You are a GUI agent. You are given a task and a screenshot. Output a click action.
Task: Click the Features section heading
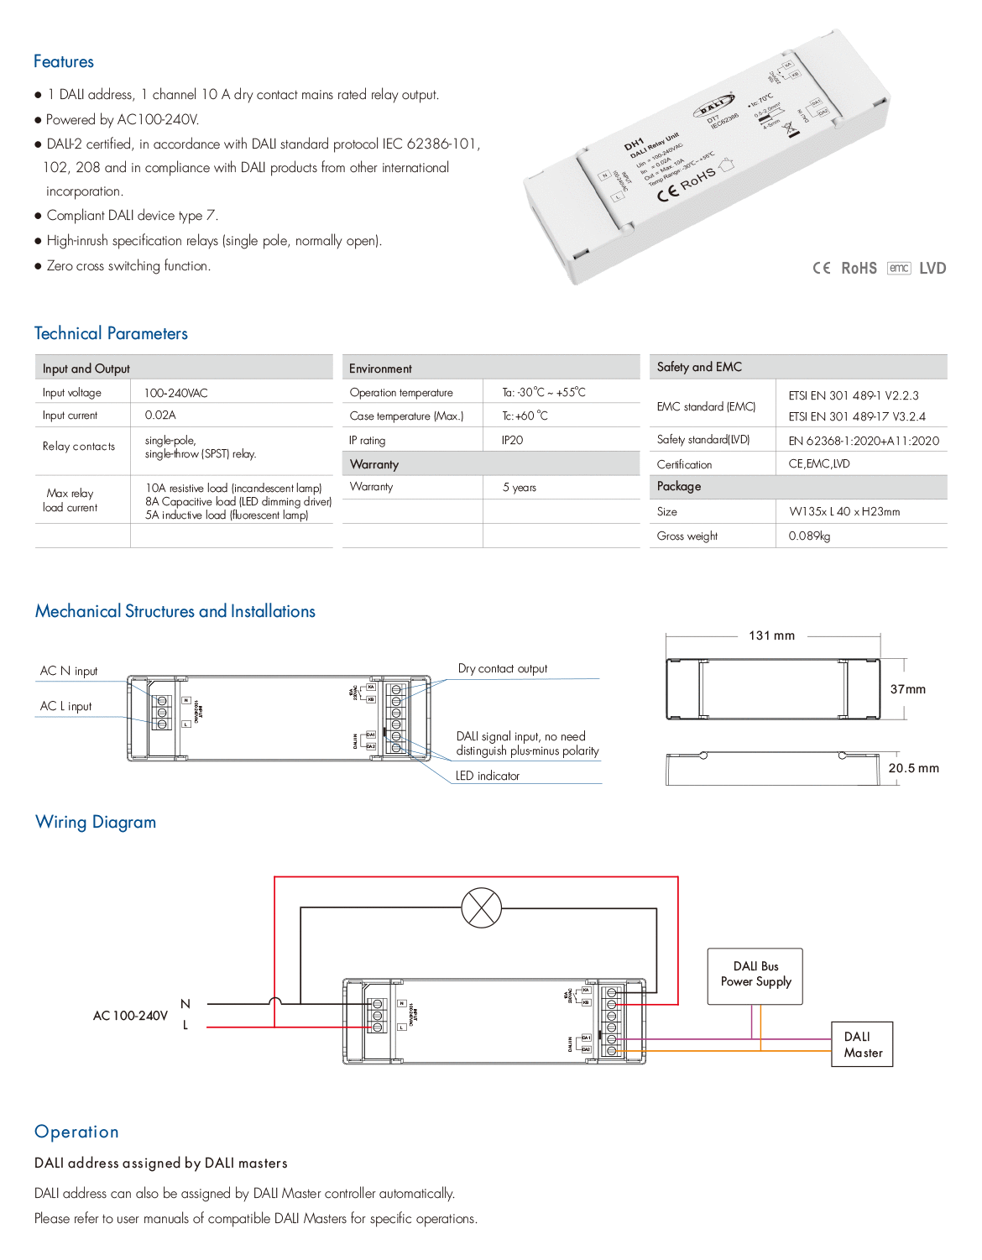tap(64, 61)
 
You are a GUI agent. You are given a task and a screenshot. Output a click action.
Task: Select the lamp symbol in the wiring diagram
tap(482, 907)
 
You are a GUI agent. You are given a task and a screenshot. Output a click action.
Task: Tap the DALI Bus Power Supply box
tap(755, 975)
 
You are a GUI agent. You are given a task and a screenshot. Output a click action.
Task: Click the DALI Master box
tap(862, 1044)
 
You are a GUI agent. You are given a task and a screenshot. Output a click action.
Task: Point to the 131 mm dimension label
tap(771, 635)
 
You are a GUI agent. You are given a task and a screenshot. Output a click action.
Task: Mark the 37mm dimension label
tap(907, 689)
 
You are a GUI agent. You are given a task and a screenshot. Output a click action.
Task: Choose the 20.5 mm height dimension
tap(913, 768)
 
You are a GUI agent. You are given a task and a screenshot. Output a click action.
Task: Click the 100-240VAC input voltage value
tap(176, 393)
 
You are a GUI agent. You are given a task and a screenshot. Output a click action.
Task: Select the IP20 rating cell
tap(512, 440)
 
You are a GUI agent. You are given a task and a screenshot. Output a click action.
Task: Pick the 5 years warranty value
tap(519, 488)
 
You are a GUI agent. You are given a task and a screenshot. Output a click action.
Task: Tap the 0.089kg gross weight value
tap(809, 536)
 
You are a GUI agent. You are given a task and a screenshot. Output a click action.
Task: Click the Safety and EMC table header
tap(699, 367)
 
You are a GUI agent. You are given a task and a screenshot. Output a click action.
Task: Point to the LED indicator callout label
tap(488, 776)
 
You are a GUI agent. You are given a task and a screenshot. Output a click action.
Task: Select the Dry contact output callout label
tap(502, 669)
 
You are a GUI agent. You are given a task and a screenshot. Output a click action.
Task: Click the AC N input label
tap(69, 671)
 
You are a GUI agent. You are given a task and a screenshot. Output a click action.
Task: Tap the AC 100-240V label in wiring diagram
tap(130, 1016)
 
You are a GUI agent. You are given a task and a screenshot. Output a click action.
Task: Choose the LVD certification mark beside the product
tap(932, 269)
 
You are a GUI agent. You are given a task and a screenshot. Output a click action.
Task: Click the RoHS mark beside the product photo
tap(859, 269)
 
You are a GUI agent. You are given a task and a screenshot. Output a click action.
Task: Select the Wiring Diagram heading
tap(96, 822)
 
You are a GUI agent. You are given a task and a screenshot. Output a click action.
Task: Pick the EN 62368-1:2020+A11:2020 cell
tap(864, 441)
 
